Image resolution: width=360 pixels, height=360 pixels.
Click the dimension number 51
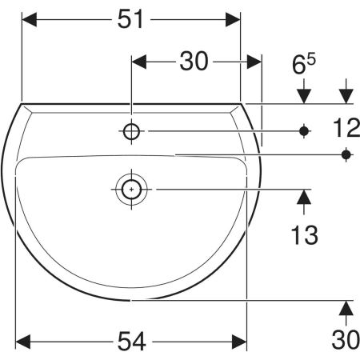point(130,19)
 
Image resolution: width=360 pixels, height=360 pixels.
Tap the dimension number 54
point(132,342)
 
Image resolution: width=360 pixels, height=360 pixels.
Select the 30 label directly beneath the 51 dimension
point(194,62)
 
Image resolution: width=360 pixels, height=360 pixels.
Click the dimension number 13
point(304,235)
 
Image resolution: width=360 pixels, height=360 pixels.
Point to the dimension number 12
point(346,128)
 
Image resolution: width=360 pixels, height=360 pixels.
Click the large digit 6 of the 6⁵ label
point(298,65)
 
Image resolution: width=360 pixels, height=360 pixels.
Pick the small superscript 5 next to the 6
point(311,59)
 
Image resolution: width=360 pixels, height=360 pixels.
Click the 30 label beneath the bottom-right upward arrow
point(346,339)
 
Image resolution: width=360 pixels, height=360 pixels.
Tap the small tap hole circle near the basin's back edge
point(131,131)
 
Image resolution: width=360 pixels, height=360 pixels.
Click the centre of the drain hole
point(131,189)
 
